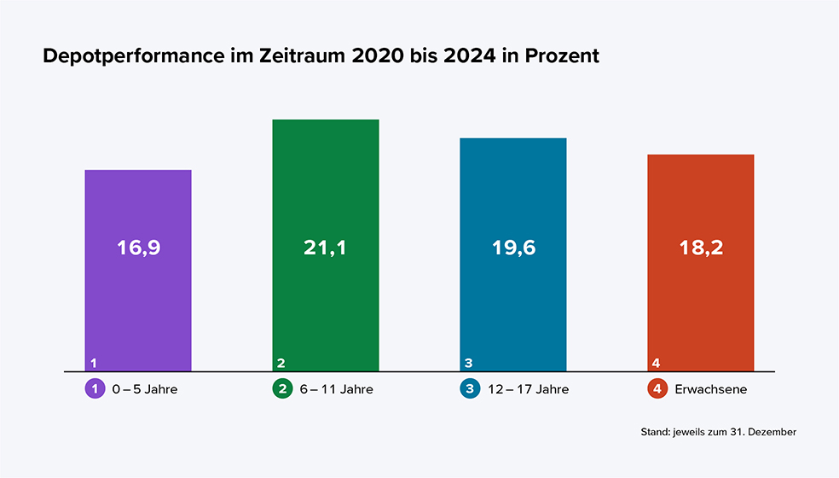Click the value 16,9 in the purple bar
[x=138, y=248]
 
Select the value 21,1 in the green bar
[x=326, y=248]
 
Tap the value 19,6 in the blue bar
[x=513, y=248]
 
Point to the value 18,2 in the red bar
[x=701, y=248]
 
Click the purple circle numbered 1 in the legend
[x=94, y=389]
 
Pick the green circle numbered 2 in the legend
[x=281, y=389]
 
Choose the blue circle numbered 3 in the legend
[x=469, y=389]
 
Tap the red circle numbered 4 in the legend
[x=657, y=389]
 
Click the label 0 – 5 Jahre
[x=145, y=389]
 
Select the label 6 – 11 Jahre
[x=335, y=389]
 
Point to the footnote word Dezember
[x=773, y=433]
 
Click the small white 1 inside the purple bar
[x=93, y=363]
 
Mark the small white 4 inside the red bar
[x=656, y=363]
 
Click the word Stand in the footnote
[x=654, y=433]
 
